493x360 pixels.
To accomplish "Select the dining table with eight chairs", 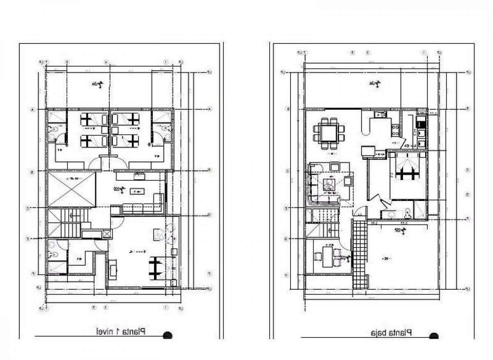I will pos(329,133).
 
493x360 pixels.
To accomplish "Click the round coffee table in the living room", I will pos(329,186).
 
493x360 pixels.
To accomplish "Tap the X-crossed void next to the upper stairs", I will pos(71,189).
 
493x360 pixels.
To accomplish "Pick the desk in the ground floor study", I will pos(327,256).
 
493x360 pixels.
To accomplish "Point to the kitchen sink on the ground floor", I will pos(378,115).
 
